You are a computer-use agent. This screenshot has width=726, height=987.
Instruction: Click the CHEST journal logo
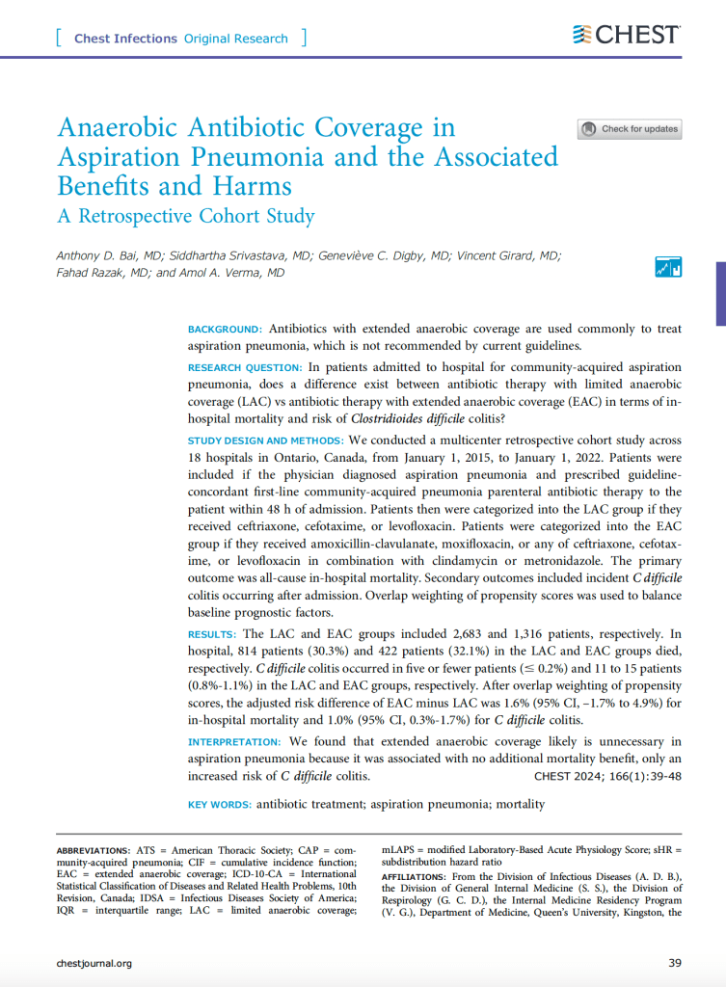(x=627, y=35)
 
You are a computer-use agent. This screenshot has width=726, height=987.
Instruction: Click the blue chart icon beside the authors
(x=668, y=267)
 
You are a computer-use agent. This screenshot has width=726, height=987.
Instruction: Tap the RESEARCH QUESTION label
(x=245, y=368)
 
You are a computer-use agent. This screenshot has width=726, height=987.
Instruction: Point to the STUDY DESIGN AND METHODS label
(x=259, y=440)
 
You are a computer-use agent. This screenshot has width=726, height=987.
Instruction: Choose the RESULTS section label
(x=211, y=634)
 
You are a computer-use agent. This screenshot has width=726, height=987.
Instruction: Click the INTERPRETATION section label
(x=234, y=742)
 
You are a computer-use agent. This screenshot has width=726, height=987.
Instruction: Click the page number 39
(x=675, y=962)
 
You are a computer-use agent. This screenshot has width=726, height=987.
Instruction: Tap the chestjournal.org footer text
(x=94, y=962)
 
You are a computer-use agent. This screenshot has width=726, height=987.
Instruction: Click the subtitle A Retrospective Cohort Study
(x=186, y=215)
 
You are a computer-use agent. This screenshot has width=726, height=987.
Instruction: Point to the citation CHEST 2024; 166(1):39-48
(x=607, y=775)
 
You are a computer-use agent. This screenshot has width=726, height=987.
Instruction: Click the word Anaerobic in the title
(x=128, y=128)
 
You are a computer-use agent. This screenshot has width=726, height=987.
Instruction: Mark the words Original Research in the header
(x=235, y=39)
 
